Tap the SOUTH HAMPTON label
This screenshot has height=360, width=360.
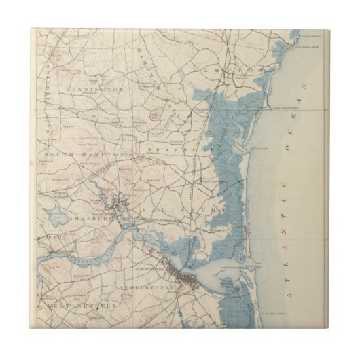tap(85, 155)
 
